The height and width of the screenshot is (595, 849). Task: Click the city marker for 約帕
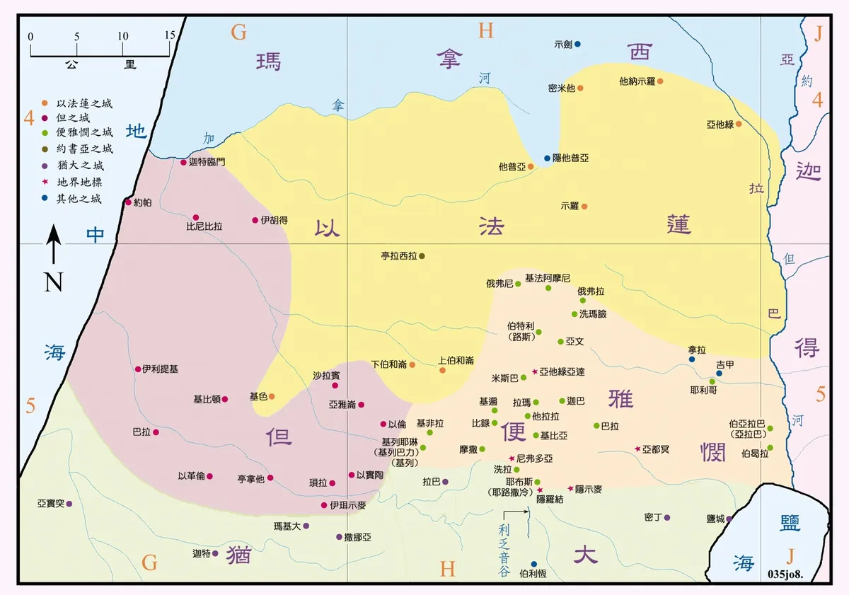(x=128, y=202)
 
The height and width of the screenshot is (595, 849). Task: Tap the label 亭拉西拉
(x=399, y=255)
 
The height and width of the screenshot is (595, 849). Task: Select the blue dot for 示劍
(x=577, y=44)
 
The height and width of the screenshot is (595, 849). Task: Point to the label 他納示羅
(x=637, y=81)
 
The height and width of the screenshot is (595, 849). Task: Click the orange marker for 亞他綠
(x=738, y=124)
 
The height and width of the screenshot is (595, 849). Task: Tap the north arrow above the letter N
(x=54, y=245)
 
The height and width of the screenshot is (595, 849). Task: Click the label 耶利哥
(x=703, y=390)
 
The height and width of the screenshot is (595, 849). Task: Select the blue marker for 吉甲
(x=719, y=374)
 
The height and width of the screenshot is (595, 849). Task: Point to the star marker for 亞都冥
(x=637, y=449)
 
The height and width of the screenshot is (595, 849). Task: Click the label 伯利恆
(x=533, y=574)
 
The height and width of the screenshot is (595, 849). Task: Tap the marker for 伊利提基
(x=138, y=369)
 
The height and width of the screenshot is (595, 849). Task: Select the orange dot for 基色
(x=271, y=397)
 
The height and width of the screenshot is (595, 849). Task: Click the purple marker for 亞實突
(x=69, y=504)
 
